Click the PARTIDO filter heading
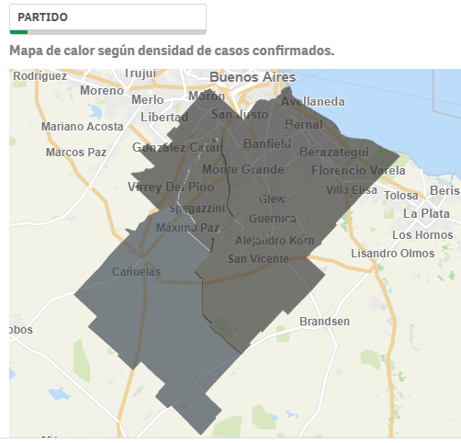click(x=42, y=17)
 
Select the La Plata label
click(x=426, y=213)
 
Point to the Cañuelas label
click(x=136, y=272)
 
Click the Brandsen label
click(x=324, y=321)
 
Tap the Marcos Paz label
click(x=77, y=153)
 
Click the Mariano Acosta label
click(x=82, y=127)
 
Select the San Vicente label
click(x=258, y=259)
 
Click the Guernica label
click(x=273, y=219)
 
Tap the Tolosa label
click(x=400, y=196)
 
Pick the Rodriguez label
click(x=39, y=76)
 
